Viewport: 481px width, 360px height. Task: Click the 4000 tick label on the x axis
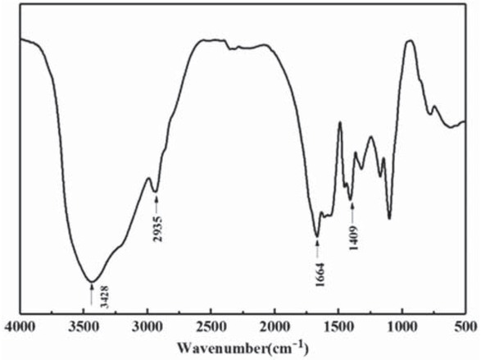20,327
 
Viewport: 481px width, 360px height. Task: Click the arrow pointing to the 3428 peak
91,292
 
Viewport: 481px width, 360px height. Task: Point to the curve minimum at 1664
317,237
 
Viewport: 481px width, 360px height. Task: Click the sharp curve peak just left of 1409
339,122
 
